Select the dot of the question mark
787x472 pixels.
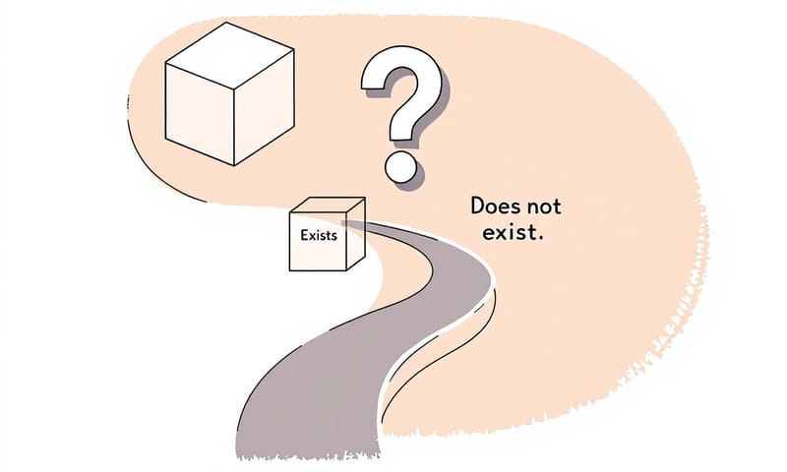[x=400, y=165]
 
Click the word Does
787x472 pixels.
[x=498, y=207]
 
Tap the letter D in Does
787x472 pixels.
[x=478, y=207]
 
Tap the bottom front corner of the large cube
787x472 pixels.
[x=234, y=164]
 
